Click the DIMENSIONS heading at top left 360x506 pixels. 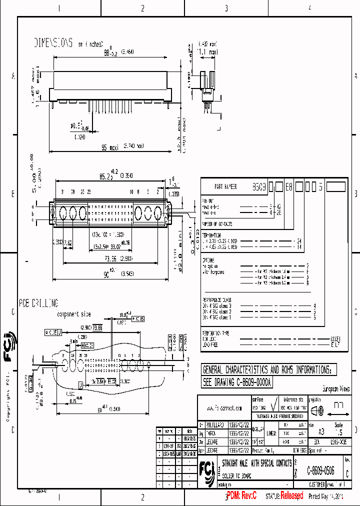pyautogui.click(x=53, y=42)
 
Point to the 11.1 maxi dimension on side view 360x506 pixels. pyautogui.click(x=207, y=51)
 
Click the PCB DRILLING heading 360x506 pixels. pyautogui.click(x=38, y=303)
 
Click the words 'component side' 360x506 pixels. pyautogui.click(x=74, y=314)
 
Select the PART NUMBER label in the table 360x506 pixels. pyautogui.click(x=225, y=186)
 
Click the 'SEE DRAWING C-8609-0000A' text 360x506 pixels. pyautogui.click(x=236, y=382)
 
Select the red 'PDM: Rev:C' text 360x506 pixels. pyautogui.click(x=241, y=496)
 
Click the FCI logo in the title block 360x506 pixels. pyautogui.click(x=207, y=470)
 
